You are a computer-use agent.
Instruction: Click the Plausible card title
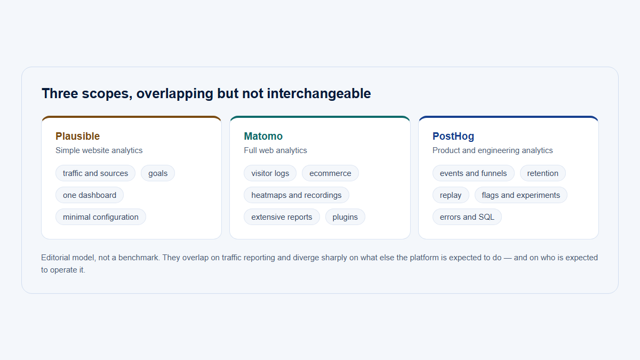pyautogui.click(x=77, y=137)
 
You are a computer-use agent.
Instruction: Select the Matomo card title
pyautogui.click(x=263, y=137)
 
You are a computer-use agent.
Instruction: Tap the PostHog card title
pyautogui.click(x=453, y=137)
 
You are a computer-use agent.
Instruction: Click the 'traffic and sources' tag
pyautogui.click(x=95, y=173)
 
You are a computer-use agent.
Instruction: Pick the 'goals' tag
pyautogui.click(x=158, y=173)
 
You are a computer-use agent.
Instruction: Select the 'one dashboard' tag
pyautogui.click(x=90, y=195)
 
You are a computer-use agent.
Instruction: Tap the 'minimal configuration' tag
pyautogui.click(x=101, y=217)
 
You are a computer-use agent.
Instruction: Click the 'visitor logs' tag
pyautogui.click(x=270, y=173)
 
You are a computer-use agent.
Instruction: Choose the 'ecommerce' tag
pyautogui.click(x=330, y=173)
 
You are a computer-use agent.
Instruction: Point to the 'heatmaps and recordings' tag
pyautogui.click(x=297, y=195)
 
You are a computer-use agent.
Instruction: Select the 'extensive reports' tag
pyautogui.click(x=282, y=217)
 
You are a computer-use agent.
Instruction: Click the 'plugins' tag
pyautogui.click(x=345, y=217)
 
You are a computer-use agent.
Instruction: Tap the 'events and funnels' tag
pyautogui.click(x=474, y=173)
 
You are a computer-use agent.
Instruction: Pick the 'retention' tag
pyautogui.click(x=542, y=173)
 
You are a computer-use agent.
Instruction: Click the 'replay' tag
pyautogui.click(x=451, y=195)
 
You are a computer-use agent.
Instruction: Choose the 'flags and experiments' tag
pyautogui.click(x=521, y=195)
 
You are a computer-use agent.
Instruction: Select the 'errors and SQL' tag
pyautogui.click(x=467, y=217)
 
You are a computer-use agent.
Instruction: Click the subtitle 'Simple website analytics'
pyautogui.click(x=99, y=150)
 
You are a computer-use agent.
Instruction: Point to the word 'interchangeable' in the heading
pyautogui.click(x=319, y=94)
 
